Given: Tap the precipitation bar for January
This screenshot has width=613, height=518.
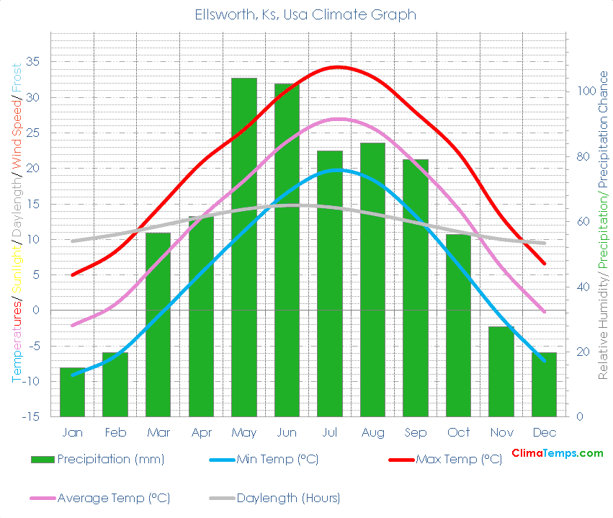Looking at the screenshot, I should (72, 392).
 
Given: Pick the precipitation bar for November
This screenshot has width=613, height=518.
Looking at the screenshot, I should (501, 371).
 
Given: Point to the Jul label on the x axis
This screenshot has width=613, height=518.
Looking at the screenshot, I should (330, 432).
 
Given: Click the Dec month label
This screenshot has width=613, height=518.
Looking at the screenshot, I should (545, 432).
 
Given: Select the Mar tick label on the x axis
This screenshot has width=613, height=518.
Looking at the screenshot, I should (158, 432).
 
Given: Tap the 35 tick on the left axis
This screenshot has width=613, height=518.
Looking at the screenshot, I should (34, 62).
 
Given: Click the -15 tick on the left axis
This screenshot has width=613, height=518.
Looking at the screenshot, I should (31, 416).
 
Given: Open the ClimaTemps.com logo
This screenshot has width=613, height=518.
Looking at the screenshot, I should (557, 453).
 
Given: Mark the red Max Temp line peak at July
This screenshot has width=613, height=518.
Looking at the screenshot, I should (336, 67).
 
